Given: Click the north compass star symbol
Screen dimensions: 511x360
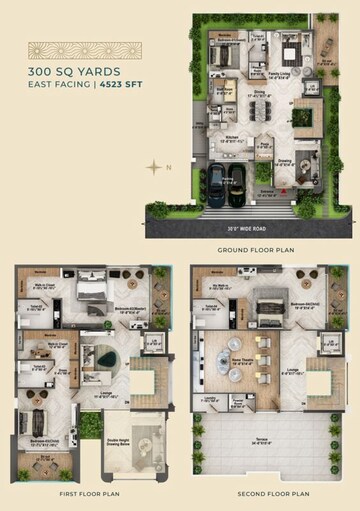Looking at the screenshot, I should point(153,166).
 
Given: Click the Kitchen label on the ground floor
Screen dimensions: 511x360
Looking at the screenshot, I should point(230,138).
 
